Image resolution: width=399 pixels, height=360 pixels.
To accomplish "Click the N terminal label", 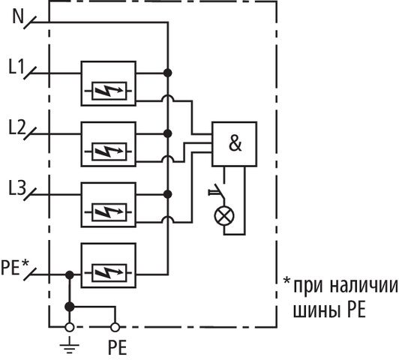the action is [18, 16].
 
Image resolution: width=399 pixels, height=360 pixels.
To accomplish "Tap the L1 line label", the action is [16, 66].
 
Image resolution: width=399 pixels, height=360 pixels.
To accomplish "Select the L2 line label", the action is [17, 127].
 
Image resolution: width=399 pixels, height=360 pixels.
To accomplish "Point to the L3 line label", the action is [17, 187].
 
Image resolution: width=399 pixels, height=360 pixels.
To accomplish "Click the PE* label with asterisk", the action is [15, 267].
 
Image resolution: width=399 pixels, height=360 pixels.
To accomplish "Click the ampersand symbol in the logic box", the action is [235, 143].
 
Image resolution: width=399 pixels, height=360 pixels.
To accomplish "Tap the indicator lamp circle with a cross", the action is [224, 216].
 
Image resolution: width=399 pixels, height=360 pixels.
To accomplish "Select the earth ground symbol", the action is [69, 345].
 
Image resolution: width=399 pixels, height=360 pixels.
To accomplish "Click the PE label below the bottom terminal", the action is [117, 347].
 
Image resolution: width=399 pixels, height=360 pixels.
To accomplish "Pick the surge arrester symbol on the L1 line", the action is [109, 91].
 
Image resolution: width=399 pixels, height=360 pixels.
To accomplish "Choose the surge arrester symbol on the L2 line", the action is [109, 151].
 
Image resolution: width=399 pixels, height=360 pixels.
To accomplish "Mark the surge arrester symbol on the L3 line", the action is [109, 212].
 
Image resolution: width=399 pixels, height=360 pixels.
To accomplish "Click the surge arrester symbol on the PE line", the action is [109, 273].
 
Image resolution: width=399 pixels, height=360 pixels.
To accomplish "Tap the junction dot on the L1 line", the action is [167, 73].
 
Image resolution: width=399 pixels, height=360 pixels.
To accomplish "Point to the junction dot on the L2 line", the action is [167, 133].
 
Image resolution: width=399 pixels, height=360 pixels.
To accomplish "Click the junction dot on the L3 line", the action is [167, 194].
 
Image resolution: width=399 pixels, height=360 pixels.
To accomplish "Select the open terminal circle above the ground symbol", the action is [70, 327].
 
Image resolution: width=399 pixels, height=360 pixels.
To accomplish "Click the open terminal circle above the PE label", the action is [115, 327].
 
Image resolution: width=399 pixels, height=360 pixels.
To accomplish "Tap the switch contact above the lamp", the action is [217, 192].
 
